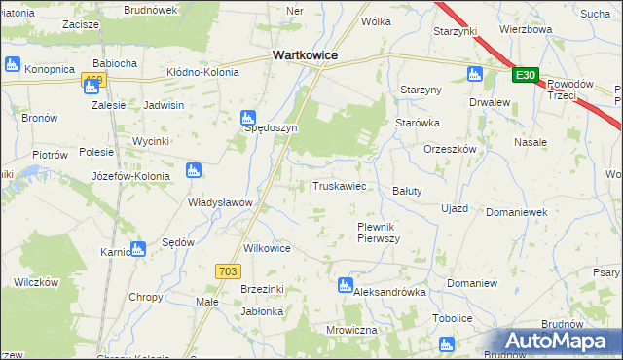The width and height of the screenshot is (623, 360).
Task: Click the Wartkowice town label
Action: [x=305, y=55]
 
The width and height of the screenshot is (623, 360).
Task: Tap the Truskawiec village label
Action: [x=339, y=186]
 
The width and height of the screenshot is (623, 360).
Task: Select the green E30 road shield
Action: [x=526, y=75]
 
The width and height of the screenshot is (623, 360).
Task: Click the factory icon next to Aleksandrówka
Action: [x=345, y=285]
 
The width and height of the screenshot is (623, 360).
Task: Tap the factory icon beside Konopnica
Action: [x=13, y=65]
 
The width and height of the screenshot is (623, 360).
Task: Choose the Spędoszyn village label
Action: [x=271, y=127]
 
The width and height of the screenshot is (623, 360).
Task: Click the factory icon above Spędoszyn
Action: [x=248, y=117]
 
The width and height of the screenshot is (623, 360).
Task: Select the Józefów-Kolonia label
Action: [x=130, y=176]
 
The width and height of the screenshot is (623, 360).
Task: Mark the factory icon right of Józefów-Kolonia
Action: [x=193, y=171]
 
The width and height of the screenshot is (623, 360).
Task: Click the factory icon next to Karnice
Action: [x=137, y=249]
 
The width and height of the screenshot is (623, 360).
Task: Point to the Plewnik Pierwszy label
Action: [x=378, y=232]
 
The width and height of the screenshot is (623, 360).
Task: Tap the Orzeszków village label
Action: [x=450, y=149]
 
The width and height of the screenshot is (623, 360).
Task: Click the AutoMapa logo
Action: [x=557, y=342]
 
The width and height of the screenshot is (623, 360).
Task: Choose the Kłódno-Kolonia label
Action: [x=207, y=71]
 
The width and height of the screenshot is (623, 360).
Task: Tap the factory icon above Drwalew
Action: [x=475, y=75]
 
